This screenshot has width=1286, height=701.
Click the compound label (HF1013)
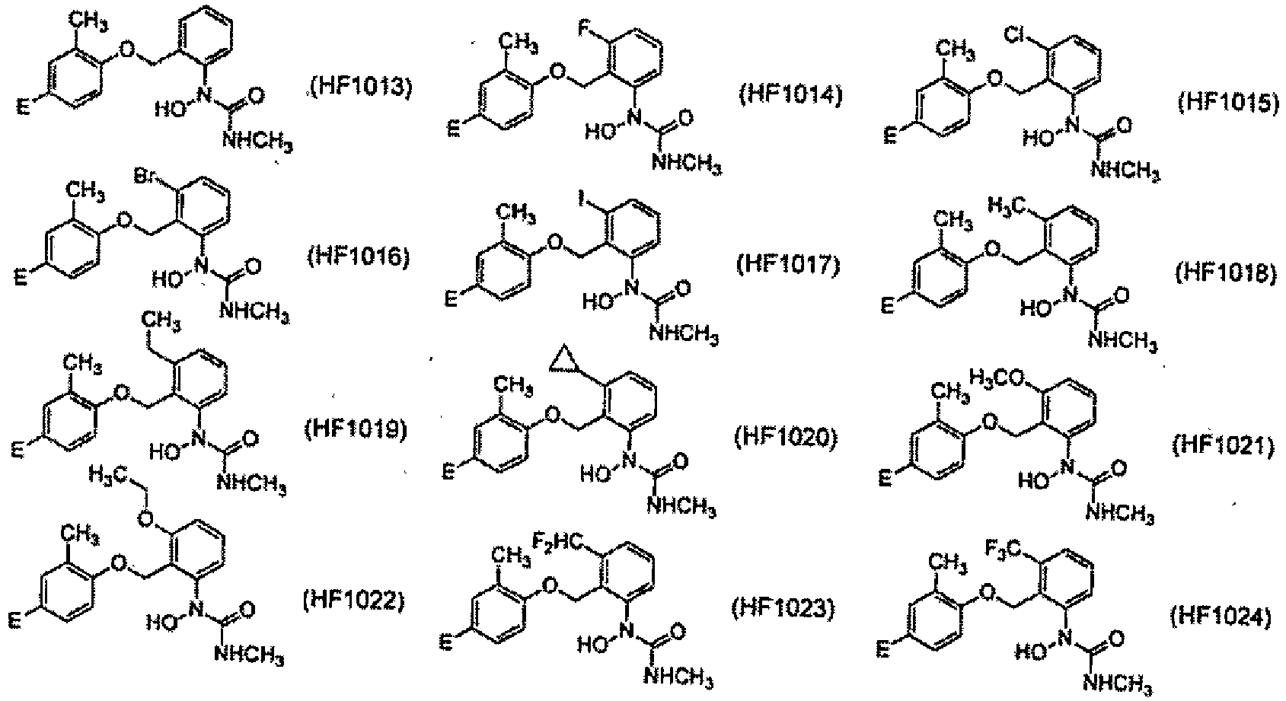361,90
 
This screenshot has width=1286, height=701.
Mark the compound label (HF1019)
356,429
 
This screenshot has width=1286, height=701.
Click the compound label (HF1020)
786,438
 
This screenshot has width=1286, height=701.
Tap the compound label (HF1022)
353,601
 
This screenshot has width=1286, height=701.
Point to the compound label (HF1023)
783,609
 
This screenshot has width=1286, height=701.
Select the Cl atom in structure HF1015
1017,36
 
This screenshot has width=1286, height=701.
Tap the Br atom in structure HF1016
145,176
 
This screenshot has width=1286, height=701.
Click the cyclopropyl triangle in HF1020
563,360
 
